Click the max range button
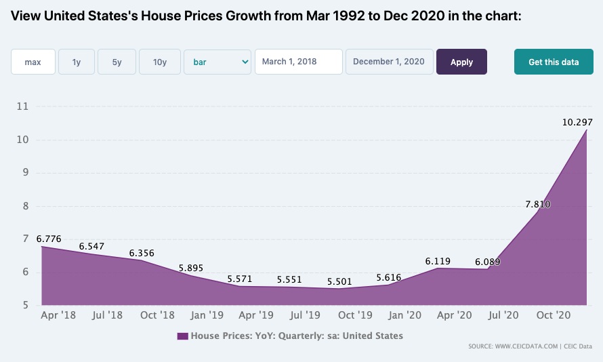(x=33, y=62)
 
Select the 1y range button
(x=77, y=62)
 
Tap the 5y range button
(x=117, y=62)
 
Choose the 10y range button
(x=160, y=62)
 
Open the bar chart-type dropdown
(x=217, y=62)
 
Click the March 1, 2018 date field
(x=298, y=62)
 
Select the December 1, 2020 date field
(x=389, y=62)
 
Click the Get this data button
(x=554, y=62)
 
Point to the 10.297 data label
(x=577, y=122)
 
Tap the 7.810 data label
(x=538, y=204)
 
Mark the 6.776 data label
(x=49, y=239)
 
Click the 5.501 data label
(x=339, y=281)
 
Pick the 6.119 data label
(x=438, y=261)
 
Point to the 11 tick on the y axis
(x=22, y=106)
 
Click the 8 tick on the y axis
(x=26, y=206)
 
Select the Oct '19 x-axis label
(x=355, y=315)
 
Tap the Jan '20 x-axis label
(x=404, y=315)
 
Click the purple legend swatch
(x=183, y=336)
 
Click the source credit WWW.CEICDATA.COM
(x=526, y=346)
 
